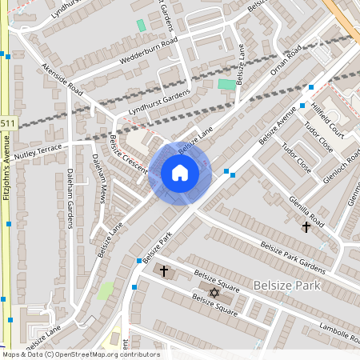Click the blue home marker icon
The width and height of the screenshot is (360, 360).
[179, 173]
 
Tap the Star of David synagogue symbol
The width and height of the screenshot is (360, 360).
[214, 293]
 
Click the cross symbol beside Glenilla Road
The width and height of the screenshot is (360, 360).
[306, 228]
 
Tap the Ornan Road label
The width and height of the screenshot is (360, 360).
[285, 62]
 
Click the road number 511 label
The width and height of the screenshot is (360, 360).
[7, 122]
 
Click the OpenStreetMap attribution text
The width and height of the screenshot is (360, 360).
[80, 354]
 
